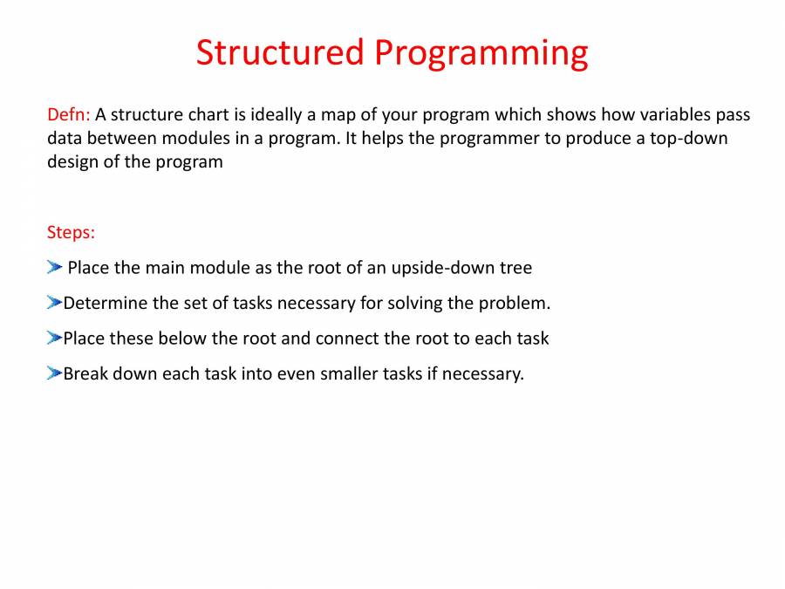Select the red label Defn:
(68, 114)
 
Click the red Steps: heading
(71, 233)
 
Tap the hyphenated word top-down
(688, 138)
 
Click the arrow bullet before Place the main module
(55, 267)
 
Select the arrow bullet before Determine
(54, 303)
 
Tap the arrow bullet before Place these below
(54, 338)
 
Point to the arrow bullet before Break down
(54, 373)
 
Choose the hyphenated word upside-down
(442, 268)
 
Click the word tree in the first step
(516, 268)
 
